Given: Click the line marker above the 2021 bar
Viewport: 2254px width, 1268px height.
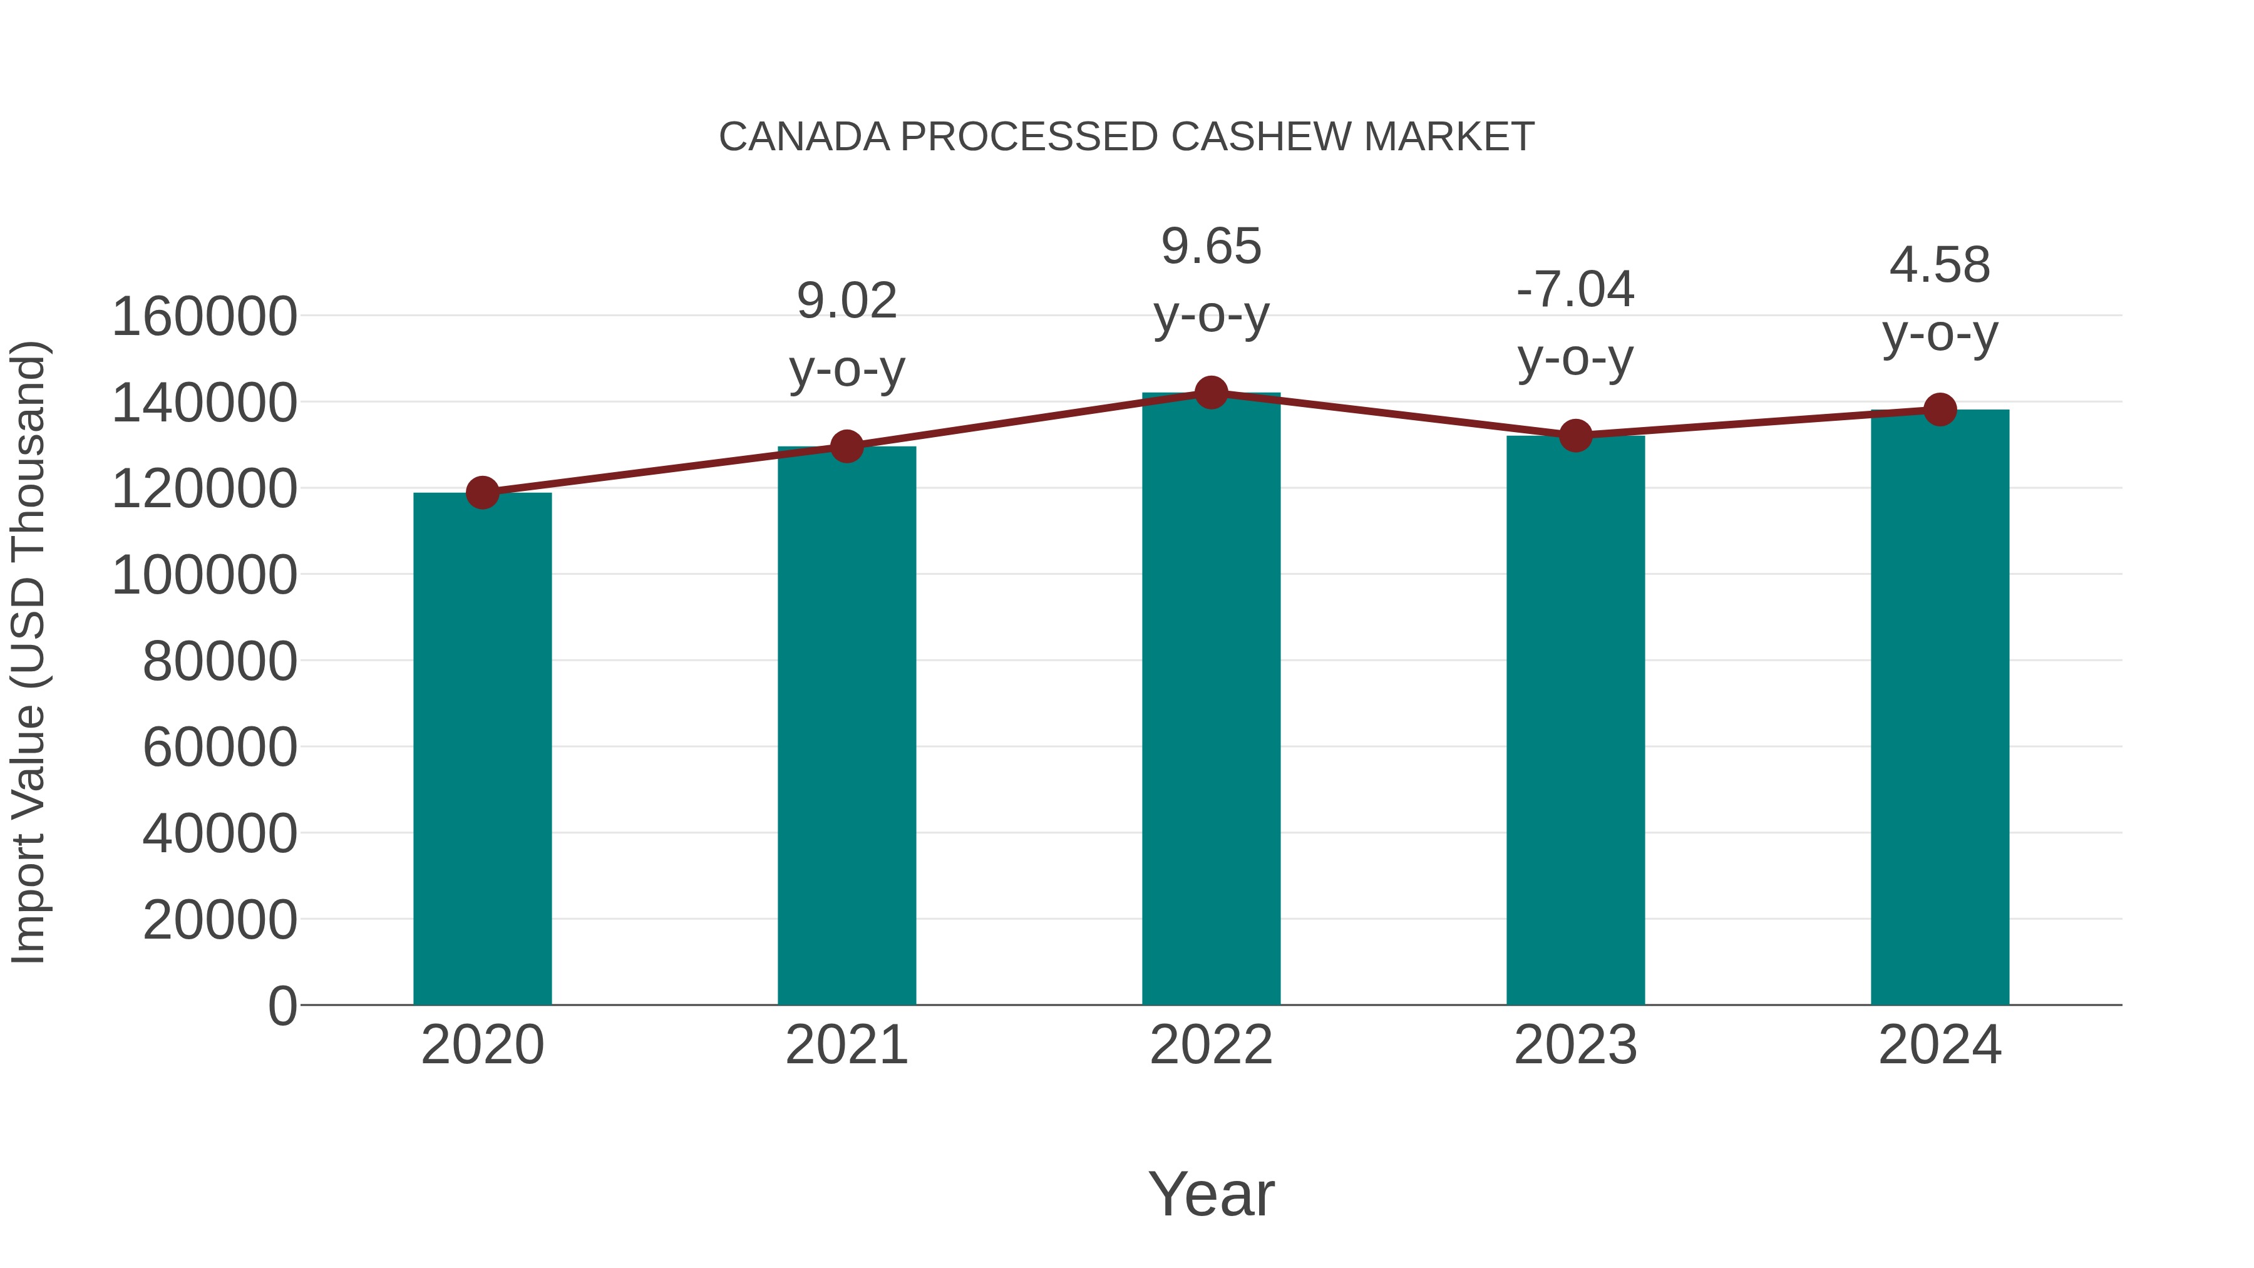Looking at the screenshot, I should click(846, 446).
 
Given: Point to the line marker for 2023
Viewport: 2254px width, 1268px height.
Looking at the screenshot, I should click(1575, 435).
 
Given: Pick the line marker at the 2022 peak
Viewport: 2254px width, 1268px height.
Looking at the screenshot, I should click(1211, 393).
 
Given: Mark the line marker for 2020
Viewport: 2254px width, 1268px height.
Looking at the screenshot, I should click(482, 493).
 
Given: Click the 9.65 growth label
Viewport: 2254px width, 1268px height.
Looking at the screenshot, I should click(1211, 246).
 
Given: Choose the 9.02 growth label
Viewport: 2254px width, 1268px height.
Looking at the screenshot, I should click(846, 301).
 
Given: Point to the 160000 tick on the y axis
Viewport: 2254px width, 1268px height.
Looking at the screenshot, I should click(205, 316).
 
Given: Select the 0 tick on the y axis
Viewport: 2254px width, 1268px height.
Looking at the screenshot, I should click(282, 1006).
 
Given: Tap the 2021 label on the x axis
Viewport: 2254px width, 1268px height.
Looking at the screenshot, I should click(846, 1045).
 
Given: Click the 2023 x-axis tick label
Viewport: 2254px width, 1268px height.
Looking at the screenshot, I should click(1575, 1045).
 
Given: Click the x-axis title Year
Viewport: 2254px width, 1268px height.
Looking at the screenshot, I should click(1211, 1193).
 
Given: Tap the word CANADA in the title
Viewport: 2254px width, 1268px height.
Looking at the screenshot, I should click(804, 137).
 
